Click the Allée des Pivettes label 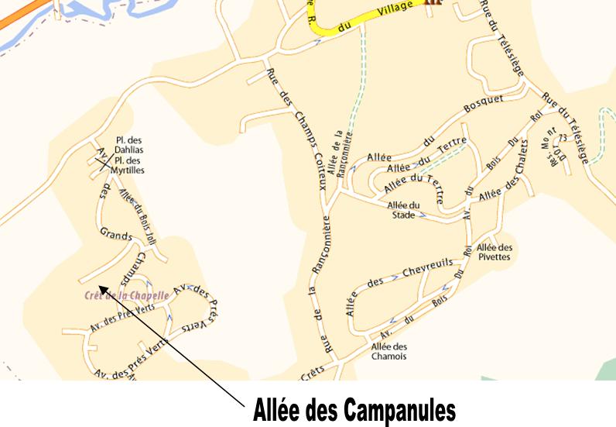pyautogui.click(x=494, y=252)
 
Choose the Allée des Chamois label pyautogui.click(x=388, y=351)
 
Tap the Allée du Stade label pyautogui.click(x=404, y=210)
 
